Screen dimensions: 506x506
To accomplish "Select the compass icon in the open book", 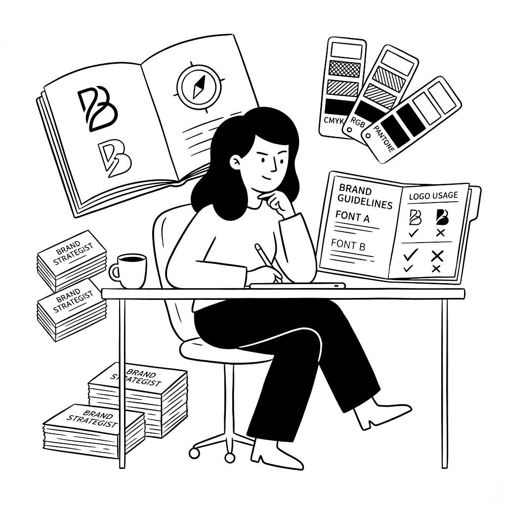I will tap(196, 86).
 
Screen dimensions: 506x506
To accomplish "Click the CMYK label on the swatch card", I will tap(334, 120).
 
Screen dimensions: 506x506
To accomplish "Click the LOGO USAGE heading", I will tap(433, 196).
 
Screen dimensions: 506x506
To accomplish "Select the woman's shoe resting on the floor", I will tap(277, 455).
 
